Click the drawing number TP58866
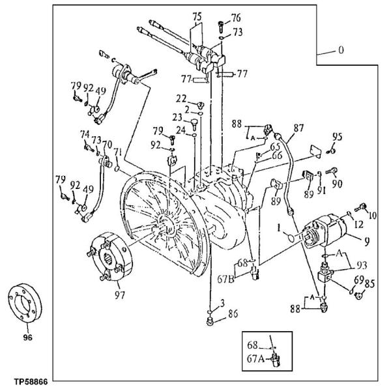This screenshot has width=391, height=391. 31,382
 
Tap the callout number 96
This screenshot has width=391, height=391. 27,338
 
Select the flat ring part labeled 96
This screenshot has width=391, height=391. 25,303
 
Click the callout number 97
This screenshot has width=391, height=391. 120,295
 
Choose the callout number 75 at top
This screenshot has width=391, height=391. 197,17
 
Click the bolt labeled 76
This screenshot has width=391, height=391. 221,27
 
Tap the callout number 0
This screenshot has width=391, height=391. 341,50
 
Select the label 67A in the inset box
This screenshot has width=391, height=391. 255,359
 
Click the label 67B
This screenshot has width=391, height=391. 225,280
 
